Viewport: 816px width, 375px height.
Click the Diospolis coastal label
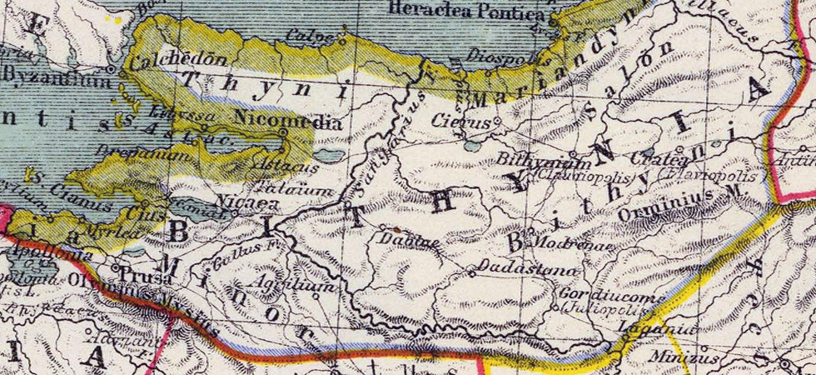coord(501,61)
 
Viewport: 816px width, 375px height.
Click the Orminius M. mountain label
coord(679,203)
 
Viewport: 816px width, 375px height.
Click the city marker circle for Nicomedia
coord(283,132)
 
